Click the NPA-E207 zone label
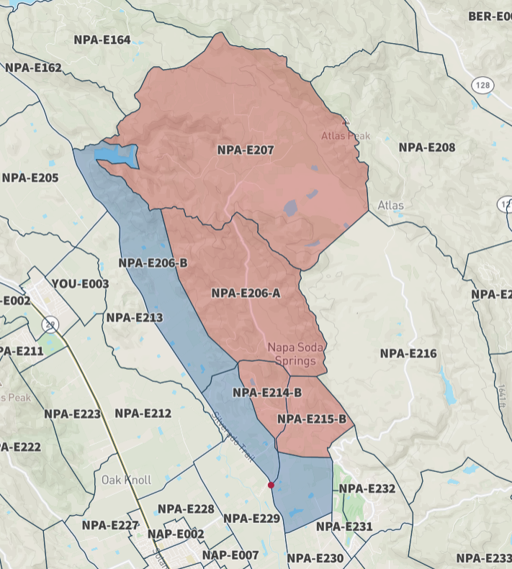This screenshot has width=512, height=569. (246, 150)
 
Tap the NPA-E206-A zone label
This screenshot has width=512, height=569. (246, 293)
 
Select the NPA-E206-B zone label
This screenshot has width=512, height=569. (153, 263)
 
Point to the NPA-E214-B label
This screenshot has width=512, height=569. (267, 393)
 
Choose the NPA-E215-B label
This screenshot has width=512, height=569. (312, 419)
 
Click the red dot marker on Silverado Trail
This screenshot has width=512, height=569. (271, 485)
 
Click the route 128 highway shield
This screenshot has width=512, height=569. (482, 85)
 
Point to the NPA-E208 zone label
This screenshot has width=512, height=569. (427, 147)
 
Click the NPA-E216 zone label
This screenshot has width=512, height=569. (408, 353)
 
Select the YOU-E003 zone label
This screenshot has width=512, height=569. (80, 284)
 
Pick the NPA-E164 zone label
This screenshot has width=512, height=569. (102, 40)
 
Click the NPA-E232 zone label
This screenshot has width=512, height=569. (367, 488)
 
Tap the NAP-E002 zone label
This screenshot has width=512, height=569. (176, 534)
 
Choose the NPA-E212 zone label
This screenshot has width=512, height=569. (143, 413)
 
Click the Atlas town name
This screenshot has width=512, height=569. (391, 206)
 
